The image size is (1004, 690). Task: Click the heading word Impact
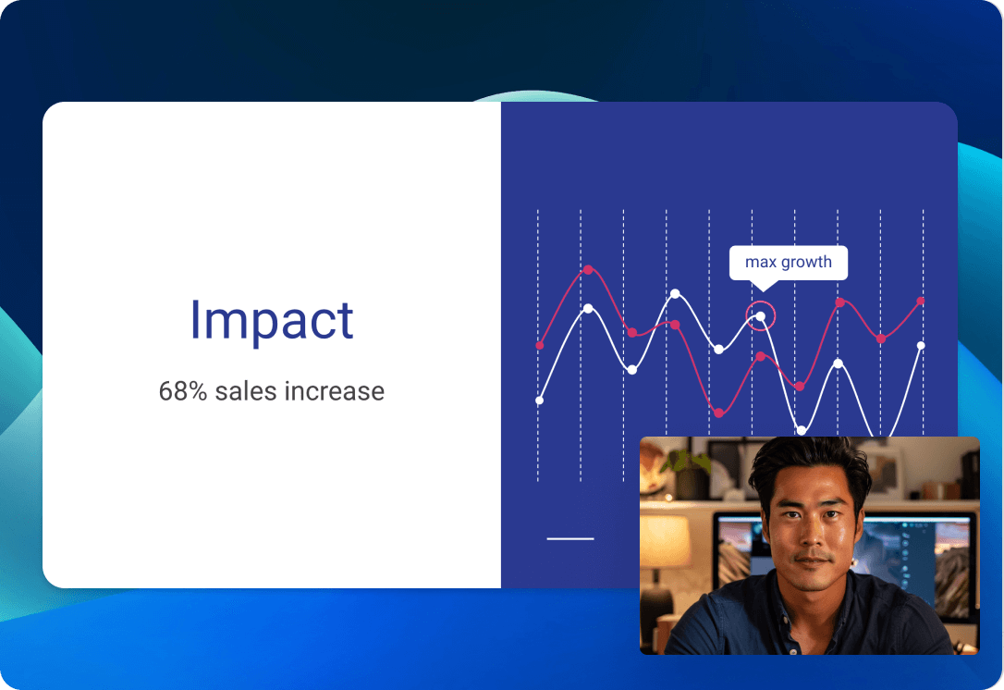[x=272, y=320]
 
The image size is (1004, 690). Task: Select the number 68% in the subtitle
[x=183, y=391]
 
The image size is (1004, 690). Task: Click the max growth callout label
[x=789, y=262]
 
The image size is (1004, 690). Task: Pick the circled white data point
[x=760, y=316]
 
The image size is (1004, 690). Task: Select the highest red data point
[x=588, y=270]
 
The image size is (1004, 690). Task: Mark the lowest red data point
[x=718, y=413]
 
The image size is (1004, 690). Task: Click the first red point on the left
[x=540, y=346]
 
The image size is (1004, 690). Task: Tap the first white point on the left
[x=539, y=400]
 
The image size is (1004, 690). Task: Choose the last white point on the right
[x=921, y=345]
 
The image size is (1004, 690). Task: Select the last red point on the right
[x=921, y=301]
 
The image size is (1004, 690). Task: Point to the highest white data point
[x=675, y=293]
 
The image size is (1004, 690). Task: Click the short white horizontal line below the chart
[x=569, y=539]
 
